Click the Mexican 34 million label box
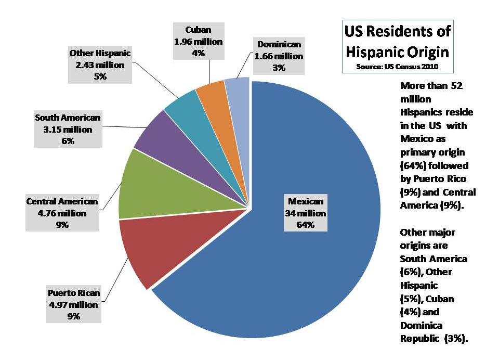306,213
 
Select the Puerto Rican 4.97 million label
74,304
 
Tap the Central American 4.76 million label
62,213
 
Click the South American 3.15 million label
68,129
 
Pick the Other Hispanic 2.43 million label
100,65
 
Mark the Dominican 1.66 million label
278,56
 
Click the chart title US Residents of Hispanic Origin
397,42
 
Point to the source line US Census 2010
397,67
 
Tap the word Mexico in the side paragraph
416,139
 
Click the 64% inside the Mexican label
306,225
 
